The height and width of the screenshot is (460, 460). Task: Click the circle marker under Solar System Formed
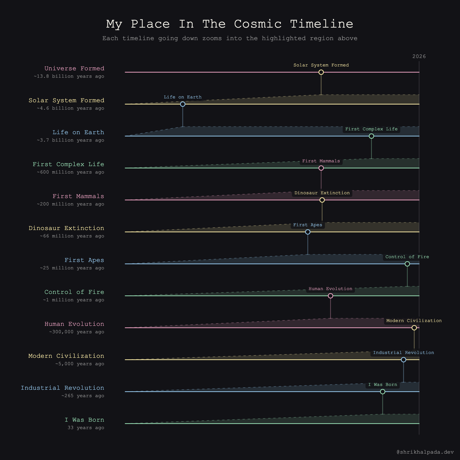tap(321, 72)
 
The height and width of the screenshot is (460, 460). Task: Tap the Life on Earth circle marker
tap(182, 104)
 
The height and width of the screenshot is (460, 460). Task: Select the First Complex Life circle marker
tap(371, 136)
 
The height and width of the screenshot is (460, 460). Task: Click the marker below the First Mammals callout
tap(321, 168)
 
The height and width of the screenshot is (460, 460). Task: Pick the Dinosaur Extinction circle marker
tap(322, 200)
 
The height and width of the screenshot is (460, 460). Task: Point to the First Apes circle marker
tap(308, 232)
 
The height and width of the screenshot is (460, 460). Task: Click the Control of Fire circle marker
tap(407, 264)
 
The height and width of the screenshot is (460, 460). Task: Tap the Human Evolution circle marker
tap(330, 296)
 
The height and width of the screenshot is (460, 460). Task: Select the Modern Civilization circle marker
tap(414, 328)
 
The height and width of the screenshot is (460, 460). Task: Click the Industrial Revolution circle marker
tap(403, 360)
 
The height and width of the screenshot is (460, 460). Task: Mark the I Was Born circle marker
tap(382, 392)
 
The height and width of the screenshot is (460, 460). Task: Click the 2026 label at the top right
tap(419, 56)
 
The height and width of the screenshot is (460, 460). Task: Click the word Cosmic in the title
tap(258, 24)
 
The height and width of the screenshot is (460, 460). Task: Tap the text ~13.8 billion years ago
tap(69, 76)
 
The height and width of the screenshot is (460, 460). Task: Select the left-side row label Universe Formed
tap(74, 68)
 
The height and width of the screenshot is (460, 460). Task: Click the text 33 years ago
tap(86, 428)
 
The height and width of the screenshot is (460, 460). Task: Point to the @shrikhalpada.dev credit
tap(425, 452)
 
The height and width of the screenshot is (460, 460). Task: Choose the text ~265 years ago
tap(83, 396)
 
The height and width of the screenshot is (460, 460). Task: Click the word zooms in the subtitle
tap(212, 38)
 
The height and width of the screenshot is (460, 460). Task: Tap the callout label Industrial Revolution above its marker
tap(403, 353)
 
